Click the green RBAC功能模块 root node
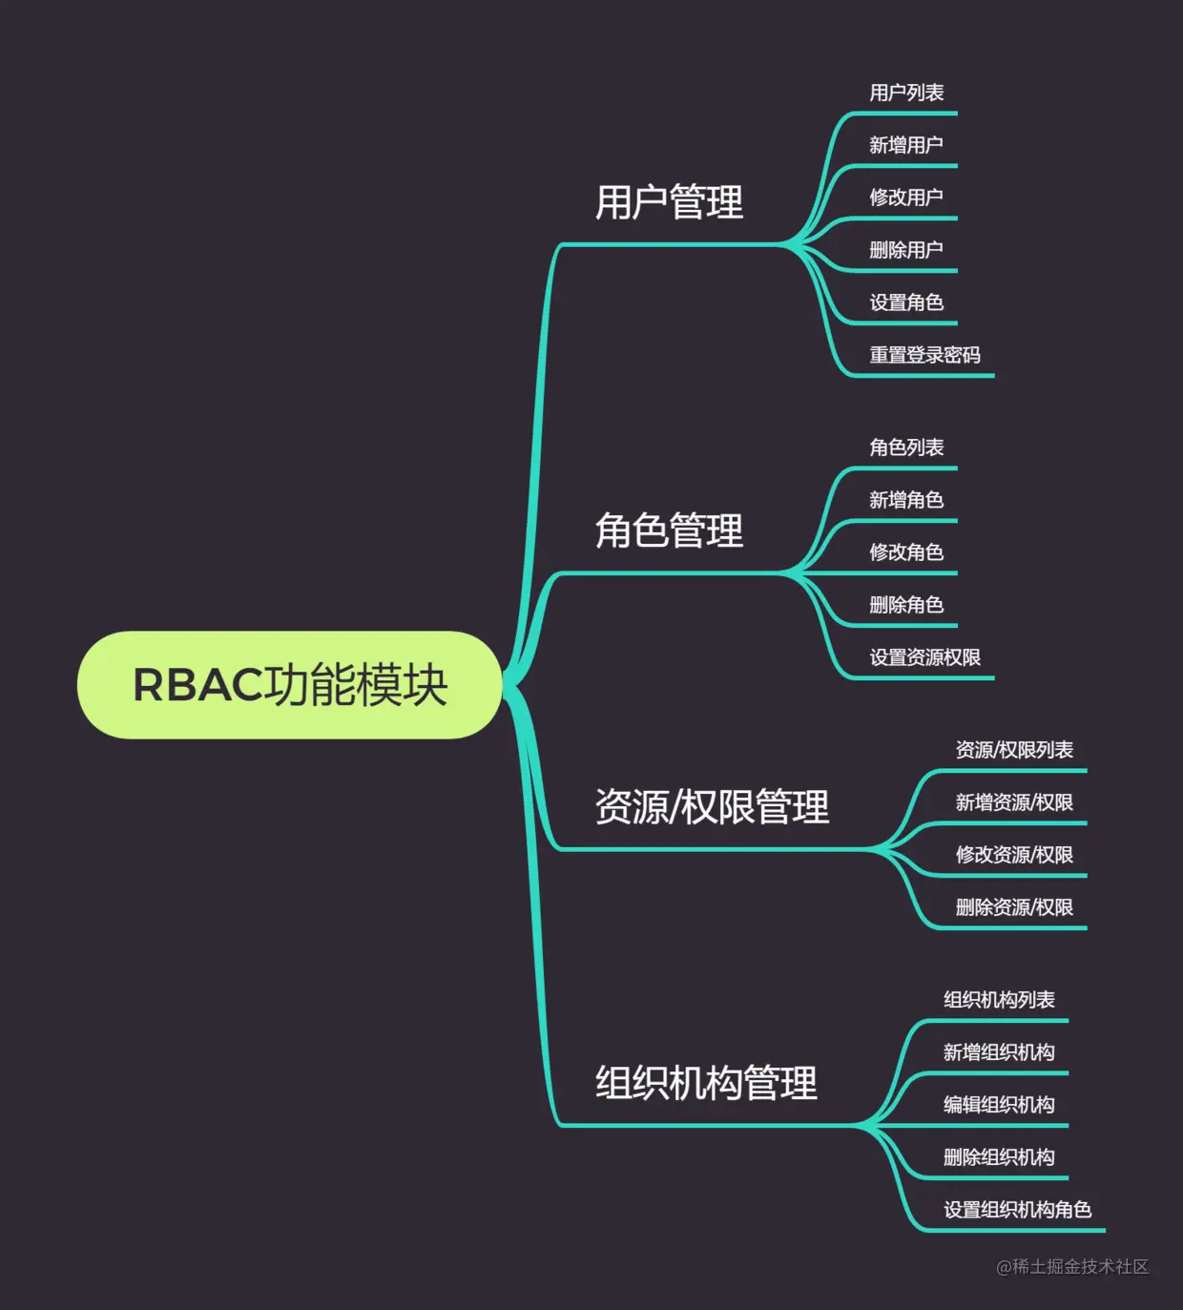click(x=289, y=685)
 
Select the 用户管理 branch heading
click(x=669, y=202)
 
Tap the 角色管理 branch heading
click(x=669, y=530)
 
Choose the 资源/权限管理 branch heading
click(x=712, y=807)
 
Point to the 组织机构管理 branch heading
click(x=706, y=1083)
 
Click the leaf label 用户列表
click(x=906, y=93)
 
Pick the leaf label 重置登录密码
click(x=924, y=355)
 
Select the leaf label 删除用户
click(x=906, y=250)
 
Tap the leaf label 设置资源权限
click(x=924, y=657)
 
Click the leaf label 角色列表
click(x=906, y=447)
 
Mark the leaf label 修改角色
click(x=906, y=552)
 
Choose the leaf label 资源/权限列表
click(x=1014, y=750)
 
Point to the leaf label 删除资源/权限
click(x=1014, y=907)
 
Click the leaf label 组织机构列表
click(x=999, y=1000)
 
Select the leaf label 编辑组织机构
click(x=999, y=1105)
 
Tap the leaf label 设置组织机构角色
click(x=1017, y=1210)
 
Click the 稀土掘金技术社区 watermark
click(x=1072, y=1266)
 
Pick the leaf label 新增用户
click(x=906, y=145)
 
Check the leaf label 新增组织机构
click(x=999, y=1052)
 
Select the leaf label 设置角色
click(x=906, y=302)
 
